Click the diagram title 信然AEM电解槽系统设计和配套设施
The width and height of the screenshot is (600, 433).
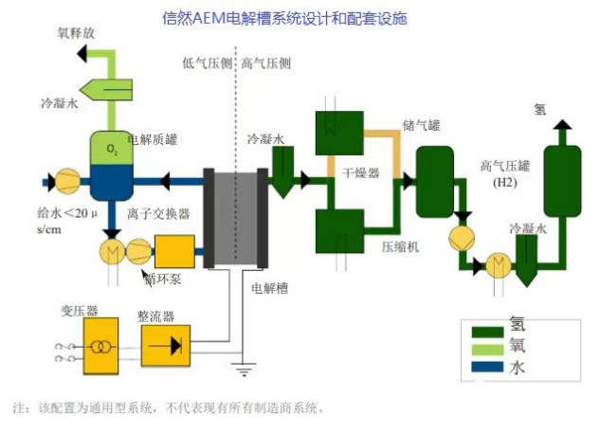coord(299,17)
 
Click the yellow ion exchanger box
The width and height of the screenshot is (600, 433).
coord(174,251)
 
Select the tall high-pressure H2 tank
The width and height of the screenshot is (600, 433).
coord(560,181)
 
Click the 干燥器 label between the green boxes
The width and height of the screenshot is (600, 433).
coord(361,172)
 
